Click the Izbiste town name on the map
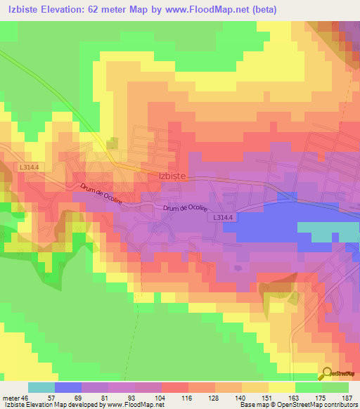click(172, 177)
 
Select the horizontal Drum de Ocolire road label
click(186, 208)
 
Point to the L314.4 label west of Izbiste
click(29, 167)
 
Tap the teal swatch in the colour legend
click(41, 387)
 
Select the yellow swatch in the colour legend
click(281, 387)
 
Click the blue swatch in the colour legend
click(67, 387)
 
